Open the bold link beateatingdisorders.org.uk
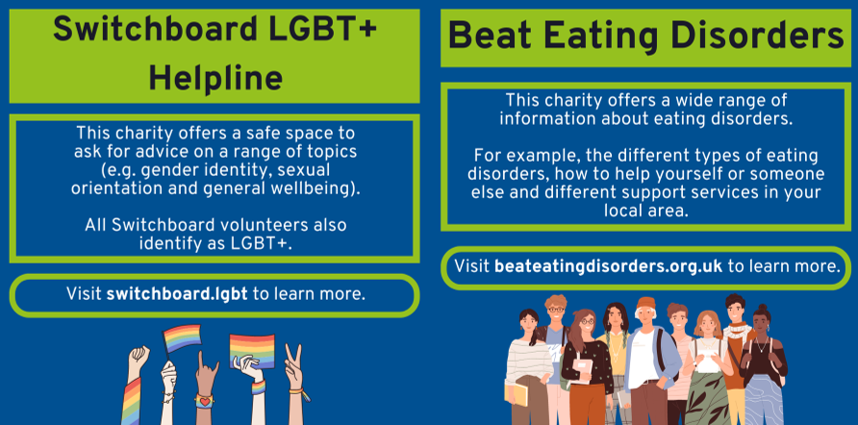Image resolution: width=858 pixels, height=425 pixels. [x=608, y=265]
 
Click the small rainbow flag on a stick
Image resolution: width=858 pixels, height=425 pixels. [x=181, y=338]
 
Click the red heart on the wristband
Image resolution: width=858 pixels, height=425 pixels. [x=203, y=398]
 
